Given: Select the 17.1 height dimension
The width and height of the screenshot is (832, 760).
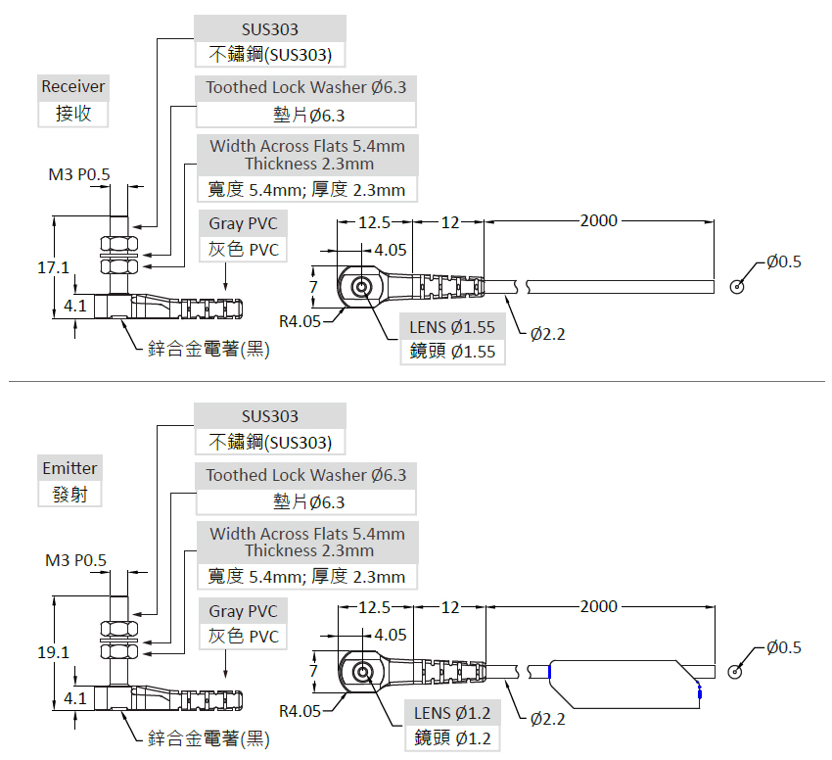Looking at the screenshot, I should [53, 267].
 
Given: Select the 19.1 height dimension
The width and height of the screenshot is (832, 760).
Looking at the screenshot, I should [53, 652].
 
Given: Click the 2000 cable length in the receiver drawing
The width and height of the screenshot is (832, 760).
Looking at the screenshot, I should [598, 220].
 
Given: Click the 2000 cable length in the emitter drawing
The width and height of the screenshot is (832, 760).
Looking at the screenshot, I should [598, 606].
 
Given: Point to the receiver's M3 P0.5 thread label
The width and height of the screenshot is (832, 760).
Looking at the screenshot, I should [79, 175].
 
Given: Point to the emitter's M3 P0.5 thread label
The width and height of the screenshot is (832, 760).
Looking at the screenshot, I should [75, 560].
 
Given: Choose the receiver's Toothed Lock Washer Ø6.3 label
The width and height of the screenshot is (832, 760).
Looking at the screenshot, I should [305, 88].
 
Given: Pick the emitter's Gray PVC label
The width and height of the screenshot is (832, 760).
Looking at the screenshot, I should [243, 611].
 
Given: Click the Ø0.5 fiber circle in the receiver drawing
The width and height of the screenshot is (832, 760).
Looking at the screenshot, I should [736, 287].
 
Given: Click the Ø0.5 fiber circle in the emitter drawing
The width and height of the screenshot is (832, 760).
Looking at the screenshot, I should [736, 672].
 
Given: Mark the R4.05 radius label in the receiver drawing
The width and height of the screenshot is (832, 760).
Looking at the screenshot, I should [300, 320].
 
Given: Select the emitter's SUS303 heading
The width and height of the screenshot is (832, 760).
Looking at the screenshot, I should [270, 416].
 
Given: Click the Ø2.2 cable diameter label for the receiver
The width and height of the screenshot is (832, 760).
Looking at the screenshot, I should [548, 334].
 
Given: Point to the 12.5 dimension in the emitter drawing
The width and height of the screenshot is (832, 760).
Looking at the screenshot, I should [374, 607].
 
